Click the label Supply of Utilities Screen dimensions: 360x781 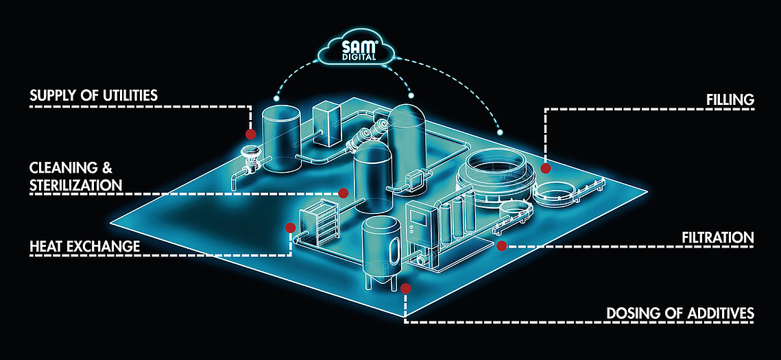93,95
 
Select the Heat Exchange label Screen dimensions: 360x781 84,246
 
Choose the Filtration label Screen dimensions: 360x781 717,238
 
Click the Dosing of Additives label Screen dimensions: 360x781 680,313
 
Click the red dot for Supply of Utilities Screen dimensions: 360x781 250,135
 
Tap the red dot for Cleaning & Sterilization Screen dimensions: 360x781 344,192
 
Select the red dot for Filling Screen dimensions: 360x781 546,168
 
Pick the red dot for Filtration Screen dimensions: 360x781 501,245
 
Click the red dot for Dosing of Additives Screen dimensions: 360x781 406,289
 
